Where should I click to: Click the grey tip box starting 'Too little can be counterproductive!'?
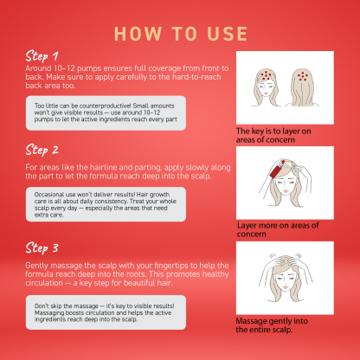pos(106,112)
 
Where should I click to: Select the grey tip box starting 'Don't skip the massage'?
pos(106,312)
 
